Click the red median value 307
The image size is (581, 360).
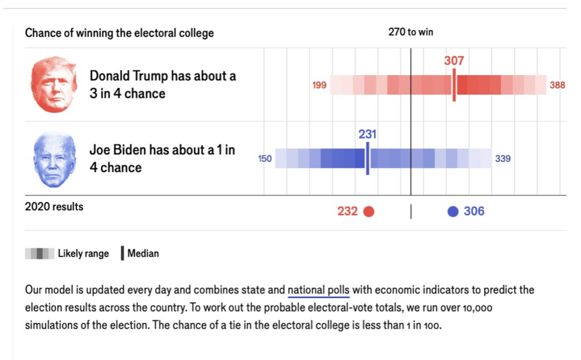point(454,61)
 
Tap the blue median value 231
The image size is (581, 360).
point(367,135)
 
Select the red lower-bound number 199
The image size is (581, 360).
point(319,86)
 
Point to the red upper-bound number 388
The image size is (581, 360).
point(557,86)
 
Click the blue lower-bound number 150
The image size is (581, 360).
point(265,159)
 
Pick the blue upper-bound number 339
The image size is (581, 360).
point(503,159)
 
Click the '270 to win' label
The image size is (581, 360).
point(411,32)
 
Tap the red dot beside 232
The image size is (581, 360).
point(369,212)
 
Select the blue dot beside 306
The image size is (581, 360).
point(453,212)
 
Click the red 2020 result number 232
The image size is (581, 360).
point(348,212)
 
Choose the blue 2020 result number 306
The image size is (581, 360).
point(474,212)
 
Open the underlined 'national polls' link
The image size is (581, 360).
point(318,290)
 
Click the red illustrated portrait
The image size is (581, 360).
point(53,85)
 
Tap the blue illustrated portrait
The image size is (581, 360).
point(54,160)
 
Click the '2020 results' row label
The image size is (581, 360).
point(54,207)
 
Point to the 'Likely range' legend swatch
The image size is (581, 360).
point(39,254)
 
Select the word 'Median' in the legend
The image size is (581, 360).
point(143,254)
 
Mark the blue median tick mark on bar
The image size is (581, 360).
point(367,158)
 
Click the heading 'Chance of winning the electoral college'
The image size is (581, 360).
point(119,33)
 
